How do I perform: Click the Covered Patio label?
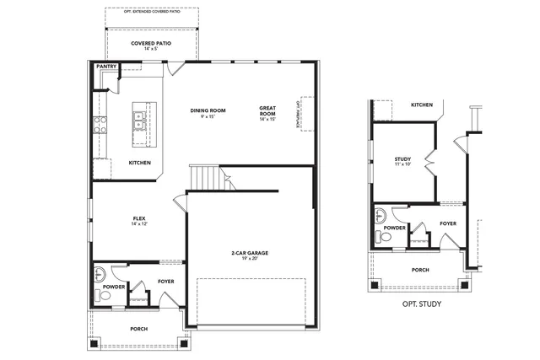(x=152, y=43)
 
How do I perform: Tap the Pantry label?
(x=105, y=66)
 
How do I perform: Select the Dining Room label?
(x=207, y=110)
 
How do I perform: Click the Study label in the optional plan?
(x=402, y=159)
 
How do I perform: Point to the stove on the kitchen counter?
(x=100, y=125)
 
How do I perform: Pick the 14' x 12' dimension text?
(x=140, y=224)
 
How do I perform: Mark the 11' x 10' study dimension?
(x=402, y=165)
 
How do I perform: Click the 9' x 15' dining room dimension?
(x=207, y=116)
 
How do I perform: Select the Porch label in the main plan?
(x=140, y=328)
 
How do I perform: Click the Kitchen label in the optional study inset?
(x=422, y=105)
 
